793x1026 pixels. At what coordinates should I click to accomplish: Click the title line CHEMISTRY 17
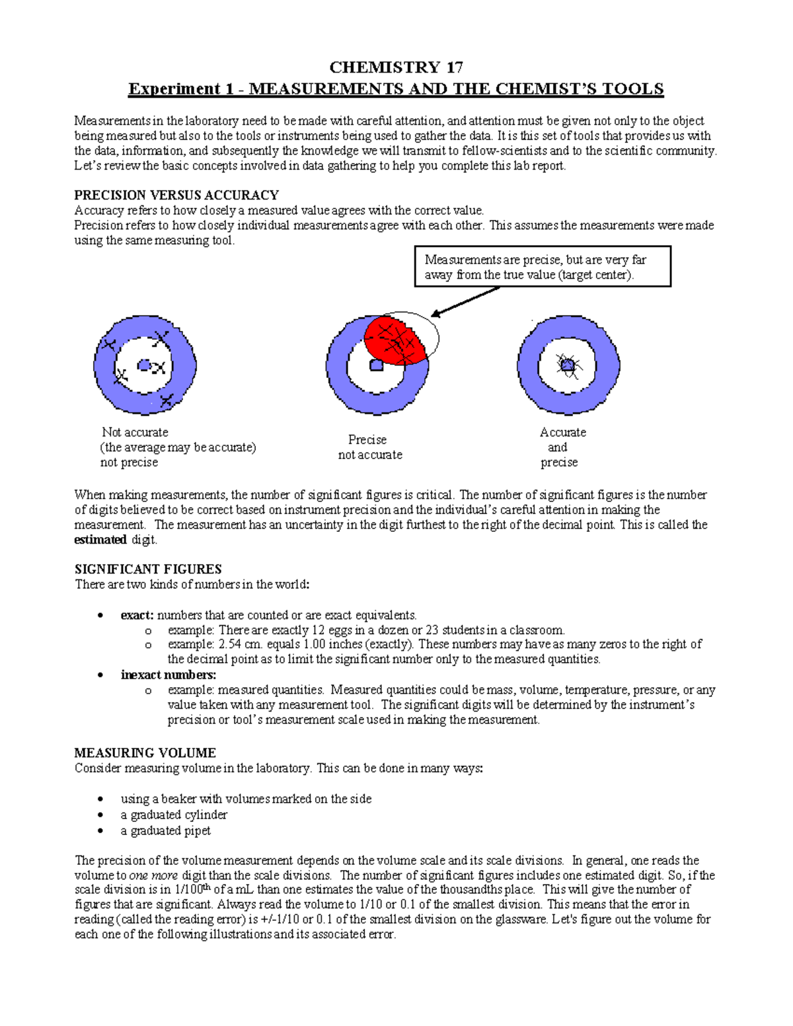(396, 67)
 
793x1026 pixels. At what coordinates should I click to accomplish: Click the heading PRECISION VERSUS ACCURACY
(176, 196)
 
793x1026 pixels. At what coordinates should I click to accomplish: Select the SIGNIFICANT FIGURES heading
(148, 569)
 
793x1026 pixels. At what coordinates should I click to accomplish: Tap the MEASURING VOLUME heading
(145, 753)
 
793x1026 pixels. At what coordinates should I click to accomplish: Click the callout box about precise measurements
(543, 267)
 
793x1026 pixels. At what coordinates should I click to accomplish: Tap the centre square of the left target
(144, 365)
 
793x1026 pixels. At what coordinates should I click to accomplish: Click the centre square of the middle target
(376, 365)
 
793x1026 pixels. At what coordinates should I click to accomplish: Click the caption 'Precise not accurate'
(370, 447)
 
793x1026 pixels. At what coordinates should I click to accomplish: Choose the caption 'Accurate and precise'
(562, 447)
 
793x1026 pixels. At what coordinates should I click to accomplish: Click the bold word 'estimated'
(100, 540)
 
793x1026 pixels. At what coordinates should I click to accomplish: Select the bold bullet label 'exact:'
(137, 615)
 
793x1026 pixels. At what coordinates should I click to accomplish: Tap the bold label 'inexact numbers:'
(169, 675)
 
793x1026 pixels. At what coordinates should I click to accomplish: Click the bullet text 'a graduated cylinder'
(174, 815)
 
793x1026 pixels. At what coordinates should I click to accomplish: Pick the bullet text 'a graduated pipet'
(165, 830)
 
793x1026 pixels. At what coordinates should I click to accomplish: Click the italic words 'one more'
(153, 875)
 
